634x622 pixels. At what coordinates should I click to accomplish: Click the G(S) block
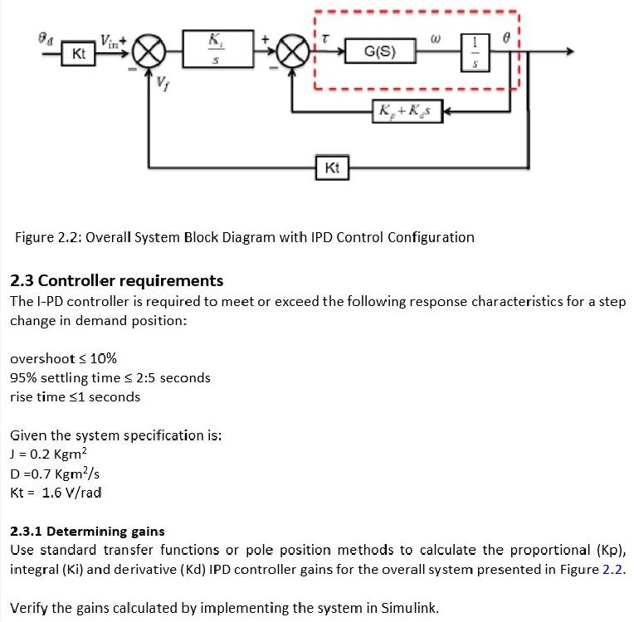[380, 52]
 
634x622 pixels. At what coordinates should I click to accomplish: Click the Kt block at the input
[79, 54]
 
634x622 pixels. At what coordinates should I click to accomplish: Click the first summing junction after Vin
[149, 53]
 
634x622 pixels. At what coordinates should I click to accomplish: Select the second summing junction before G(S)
[291, 53]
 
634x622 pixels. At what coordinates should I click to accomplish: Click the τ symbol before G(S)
[325, 37]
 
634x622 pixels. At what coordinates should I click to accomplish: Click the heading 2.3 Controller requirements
[116, 280]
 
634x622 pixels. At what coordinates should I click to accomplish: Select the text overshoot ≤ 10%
[63, 359]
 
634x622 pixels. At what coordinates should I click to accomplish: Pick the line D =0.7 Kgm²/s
[55, 474]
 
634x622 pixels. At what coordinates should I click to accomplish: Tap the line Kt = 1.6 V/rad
[56, 493]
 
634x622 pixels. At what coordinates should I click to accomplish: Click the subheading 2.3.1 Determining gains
[87, 531]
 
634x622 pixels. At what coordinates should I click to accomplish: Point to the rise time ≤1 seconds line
[75, 396]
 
